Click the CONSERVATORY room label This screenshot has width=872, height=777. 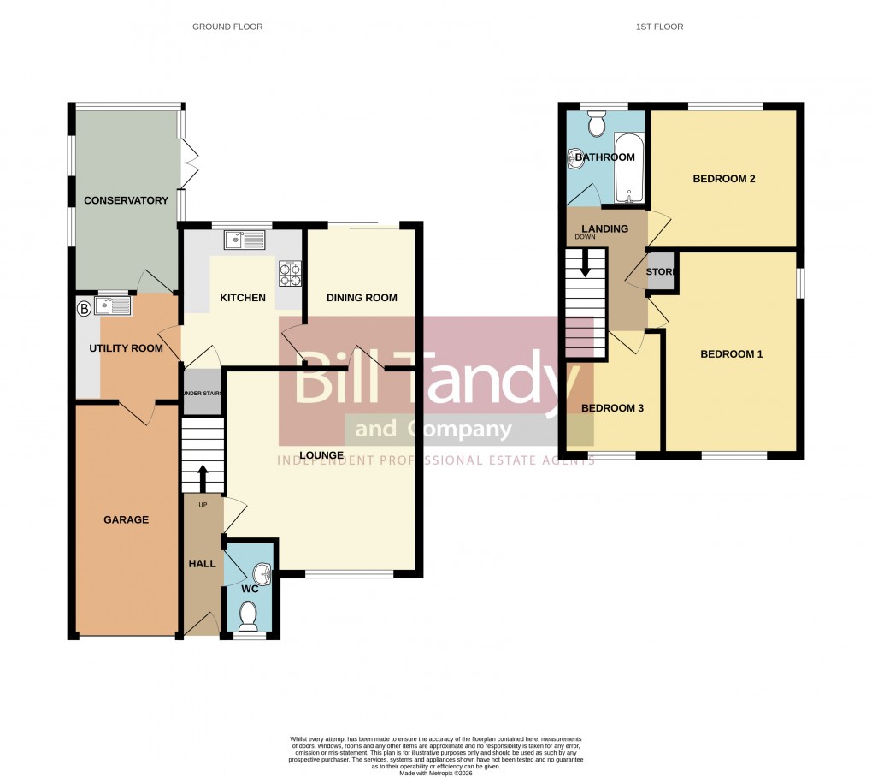[126, 200]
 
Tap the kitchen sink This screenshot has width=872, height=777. [245, 240]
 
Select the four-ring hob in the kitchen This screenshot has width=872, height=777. [290, 273]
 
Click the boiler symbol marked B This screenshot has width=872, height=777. [84, 308]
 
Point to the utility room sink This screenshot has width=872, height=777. [114, 305]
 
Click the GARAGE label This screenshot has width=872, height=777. [126, 519]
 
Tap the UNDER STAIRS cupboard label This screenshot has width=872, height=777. [203, 394]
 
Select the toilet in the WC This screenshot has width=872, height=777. [249, 615]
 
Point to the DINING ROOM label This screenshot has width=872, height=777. [362, 298]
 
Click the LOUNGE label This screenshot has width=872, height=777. [321, 454]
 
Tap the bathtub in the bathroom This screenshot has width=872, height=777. [630, 169]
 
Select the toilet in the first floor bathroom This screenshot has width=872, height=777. [597, 126]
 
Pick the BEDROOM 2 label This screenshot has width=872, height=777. [723, 179]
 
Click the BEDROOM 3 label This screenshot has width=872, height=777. [612, 408]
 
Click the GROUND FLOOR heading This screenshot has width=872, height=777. [227, 27]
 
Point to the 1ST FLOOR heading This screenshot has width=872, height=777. [659, 27]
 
